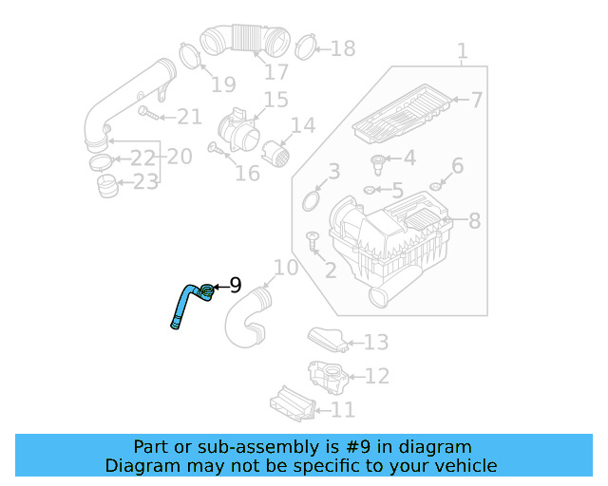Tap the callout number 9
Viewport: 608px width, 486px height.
(x=235, y=285)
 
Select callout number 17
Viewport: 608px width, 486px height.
(x=275, y=72)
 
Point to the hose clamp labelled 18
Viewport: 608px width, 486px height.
(x=305, y=46)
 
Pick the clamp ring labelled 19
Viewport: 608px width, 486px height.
(x=189, y=55)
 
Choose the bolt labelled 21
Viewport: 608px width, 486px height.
(x=146, y=114)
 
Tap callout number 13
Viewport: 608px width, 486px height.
(x=376, y=342)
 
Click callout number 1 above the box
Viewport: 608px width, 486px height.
(x=462, y=50)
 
